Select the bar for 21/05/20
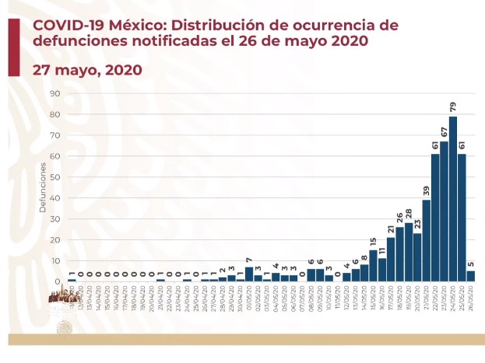426,240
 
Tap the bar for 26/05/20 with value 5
471,276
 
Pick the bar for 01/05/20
248,274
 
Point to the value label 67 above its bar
444,132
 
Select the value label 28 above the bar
408,214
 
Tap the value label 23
417,224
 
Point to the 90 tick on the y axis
55,93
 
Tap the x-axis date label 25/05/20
462,296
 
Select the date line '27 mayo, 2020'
87,69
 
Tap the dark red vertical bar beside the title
14,47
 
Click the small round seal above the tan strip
65,326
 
